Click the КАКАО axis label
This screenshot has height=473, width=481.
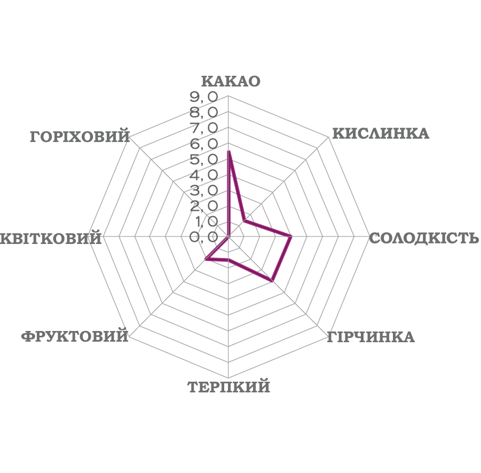[231, 81]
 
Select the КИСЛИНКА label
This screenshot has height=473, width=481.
[380, 133]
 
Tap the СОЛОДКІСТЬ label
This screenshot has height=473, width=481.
[424, 238]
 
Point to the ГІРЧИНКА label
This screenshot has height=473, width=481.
[370, 337]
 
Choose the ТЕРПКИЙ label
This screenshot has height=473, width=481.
[228, 387]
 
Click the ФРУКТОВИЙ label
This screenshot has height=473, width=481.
[75, 336]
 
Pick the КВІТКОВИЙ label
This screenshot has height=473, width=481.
[51, 238]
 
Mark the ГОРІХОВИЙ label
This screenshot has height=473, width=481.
[80, 136]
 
